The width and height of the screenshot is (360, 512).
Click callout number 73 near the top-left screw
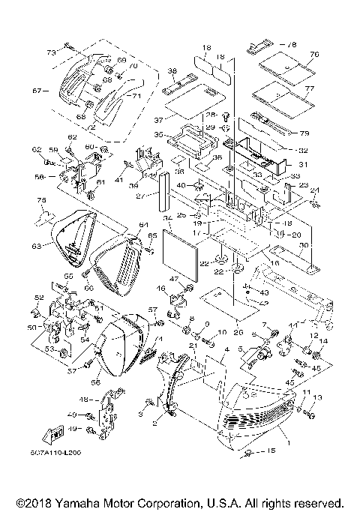pos(51,53)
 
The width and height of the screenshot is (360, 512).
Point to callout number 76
pos(314,55)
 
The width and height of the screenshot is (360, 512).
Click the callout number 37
pos(159,118)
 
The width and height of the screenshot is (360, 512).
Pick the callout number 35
pos(159,135)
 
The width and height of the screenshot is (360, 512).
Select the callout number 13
pos(317,397)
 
